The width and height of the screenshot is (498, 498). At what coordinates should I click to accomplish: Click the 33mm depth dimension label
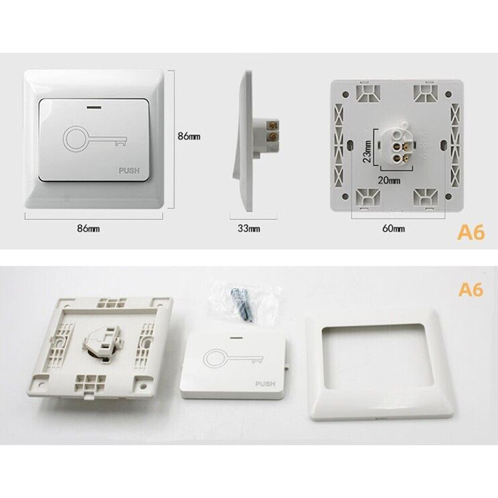(249, 229)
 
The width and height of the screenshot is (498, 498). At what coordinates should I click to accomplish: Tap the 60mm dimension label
(393, 229)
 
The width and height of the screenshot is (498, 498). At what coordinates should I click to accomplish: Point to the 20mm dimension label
(389, 181)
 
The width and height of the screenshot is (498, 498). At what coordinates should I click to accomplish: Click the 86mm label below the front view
(88, 229)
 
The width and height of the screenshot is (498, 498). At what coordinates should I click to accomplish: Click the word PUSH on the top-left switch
(129, 171)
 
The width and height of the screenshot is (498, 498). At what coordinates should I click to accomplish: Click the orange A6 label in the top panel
(471, 233)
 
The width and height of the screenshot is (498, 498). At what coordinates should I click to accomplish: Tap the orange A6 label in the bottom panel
(471, 290)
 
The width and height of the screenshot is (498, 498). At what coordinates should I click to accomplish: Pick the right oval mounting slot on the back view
(443, 144)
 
